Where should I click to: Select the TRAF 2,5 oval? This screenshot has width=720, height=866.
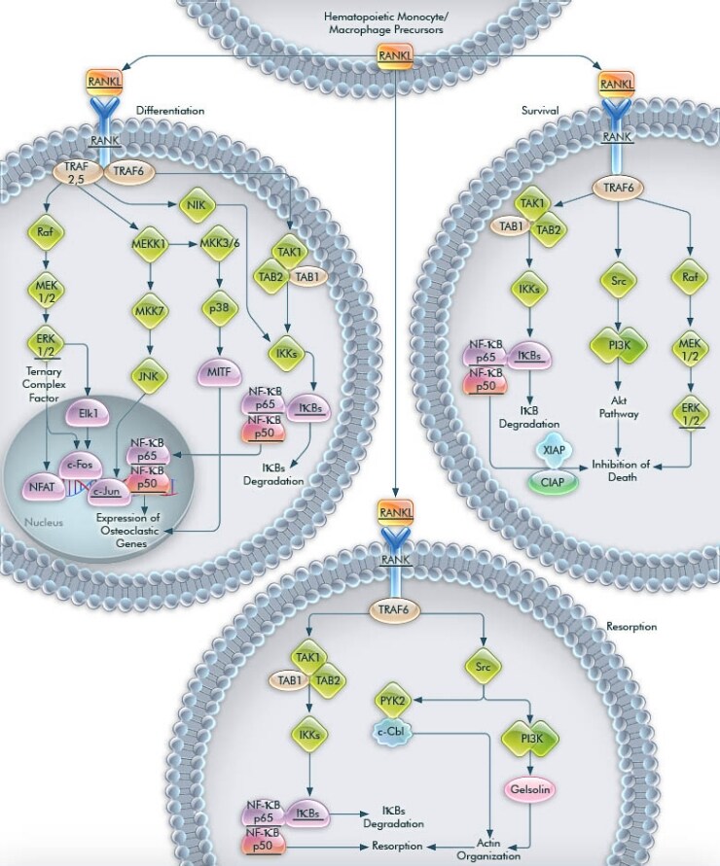coord(71,173)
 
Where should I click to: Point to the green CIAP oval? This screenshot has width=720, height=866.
coord(552,481)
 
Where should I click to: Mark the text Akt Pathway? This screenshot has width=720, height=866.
coord(619,406)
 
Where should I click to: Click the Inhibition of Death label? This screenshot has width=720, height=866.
coord(620,466)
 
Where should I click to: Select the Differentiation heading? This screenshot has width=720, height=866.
coord(170,111)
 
